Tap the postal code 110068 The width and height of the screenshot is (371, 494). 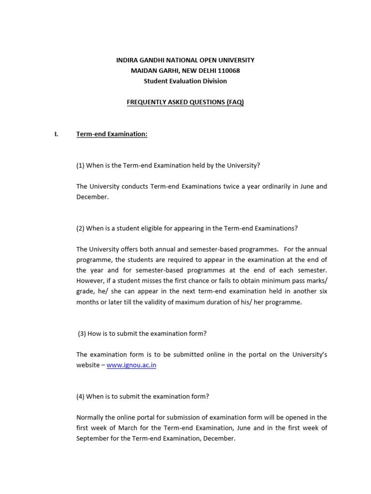point(228,70)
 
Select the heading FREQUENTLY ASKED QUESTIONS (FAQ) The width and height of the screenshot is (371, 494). point(185,102)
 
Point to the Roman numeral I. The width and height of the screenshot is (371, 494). point(56,134)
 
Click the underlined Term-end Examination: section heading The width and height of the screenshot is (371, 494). point(112,134)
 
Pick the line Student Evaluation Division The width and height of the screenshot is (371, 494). point(185,81)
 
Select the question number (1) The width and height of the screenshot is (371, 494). point(81,165)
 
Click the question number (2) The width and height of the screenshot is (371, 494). point(81,228)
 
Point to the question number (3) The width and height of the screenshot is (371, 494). point(83,333)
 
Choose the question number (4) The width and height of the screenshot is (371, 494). point(81,397)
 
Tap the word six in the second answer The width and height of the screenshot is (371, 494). point(322,291)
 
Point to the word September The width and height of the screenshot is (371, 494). point(94,439)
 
